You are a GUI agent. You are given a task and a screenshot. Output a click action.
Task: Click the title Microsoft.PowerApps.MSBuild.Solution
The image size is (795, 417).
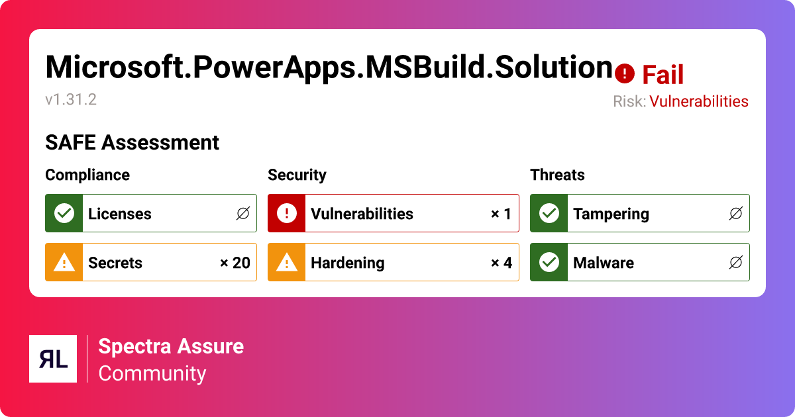click(x=329, y=67)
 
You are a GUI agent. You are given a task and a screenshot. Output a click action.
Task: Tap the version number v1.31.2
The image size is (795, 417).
click(x=71, y=100)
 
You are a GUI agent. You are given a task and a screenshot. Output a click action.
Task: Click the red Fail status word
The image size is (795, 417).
click(x=662, y=75)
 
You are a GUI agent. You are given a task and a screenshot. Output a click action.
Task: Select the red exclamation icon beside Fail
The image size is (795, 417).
click(x=625, y=74)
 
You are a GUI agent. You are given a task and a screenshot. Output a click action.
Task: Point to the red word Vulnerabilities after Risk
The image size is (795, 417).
click(x=698, y=101)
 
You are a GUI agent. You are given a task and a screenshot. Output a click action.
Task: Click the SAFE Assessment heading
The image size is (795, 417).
click(x=132, y=142)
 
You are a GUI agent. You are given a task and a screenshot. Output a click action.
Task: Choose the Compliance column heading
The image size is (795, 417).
click(x=87, y=175)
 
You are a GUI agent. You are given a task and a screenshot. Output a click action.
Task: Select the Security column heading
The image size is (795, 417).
click(x=297, y=175)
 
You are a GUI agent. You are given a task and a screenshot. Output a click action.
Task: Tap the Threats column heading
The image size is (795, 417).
click(x=557, y=175)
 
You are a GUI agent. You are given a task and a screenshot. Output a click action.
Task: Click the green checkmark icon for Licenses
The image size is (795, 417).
click(x=64, y=213)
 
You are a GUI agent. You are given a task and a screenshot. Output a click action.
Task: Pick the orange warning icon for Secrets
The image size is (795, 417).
click(x=64, y=262)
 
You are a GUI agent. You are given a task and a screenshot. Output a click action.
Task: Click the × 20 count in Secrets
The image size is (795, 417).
click(x=235, y=263)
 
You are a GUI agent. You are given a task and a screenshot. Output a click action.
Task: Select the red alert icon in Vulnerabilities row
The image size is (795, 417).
click(x=287, y=213)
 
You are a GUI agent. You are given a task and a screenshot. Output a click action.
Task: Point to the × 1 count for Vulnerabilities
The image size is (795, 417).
click(x=501, y=214)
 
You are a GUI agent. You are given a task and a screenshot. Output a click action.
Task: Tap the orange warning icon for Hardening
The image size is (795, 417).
click(x=287, y=262)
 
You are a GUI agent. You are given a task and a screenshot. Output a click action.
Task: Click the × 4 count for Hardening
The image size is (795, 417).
click(x=501, y=263)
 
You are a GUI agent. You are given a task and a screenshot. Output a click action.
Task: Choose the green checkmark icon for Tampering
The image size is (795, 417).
click(x=549, y=213)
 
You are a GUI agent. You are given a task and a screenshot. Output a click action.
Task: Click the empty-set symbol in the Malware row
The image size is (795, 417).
click(x=735, y=263)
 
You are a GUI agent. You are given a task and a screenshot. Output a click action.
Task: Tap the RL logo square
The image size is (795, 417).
click(x=53, y=359)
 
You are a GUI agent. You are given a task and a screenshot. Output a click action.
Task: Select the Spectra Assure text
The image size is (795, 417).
click(x=171, y=346)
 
